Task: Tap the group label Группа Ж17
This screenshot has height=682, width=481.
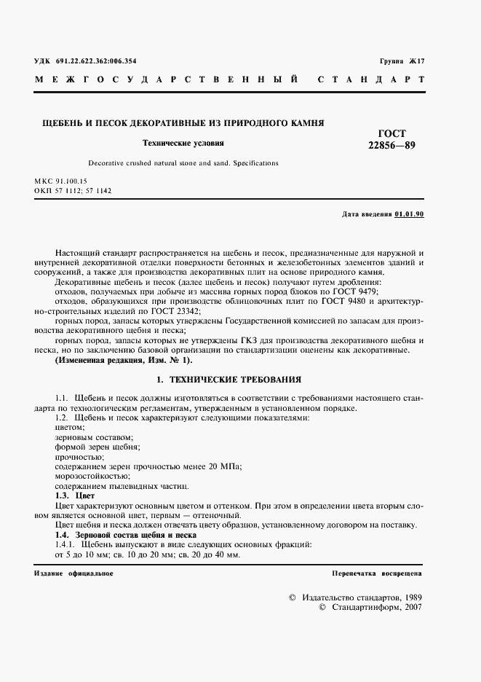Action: tap(401, 61)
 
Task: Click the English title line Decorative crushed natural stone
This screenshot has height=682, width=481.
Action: tap(183, 163)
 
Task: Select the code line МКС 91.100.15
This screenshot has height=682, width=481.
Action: tap(60, 180)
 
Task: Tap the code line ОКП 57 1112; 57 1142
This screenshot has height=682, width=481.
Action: tap(72, 190)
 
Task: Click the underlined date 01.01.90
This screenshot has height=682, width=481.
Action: tap(409, 214)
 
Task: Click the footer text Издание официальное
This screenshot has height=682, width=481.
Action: tap(73, 573)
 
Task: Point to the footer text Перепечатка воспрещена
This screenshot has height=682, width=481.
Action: tap(376, 573)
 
